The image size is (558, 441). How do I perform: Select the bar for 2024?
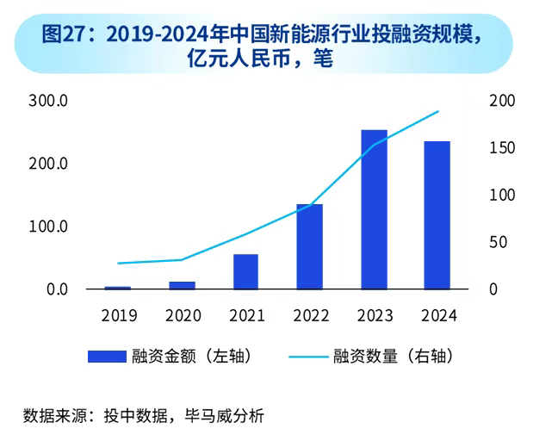pos(437,215)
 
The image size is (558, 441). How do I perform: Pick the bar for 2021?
pos(246,271)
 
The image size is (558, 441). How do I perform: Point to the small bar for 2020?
pos(182,285)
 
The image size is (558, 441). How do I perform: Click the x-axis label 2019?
pos(119,315)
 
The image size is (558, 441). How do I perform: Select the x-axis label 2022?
pos(310,315)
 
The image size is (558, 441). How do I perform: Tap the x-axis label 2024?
pos(437,315)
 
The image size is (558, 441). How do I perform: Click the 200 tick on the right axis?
pos(502,101)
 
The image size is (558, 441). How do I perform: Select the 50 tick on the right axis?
pos(498,242)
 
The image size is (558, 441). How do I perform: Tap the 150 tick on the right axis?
pos(502,148)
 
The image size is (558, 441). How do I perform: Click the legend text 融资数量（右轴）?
pos(393,356)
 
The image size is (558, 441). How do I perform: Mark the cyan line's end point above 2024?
pos(438,111)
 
